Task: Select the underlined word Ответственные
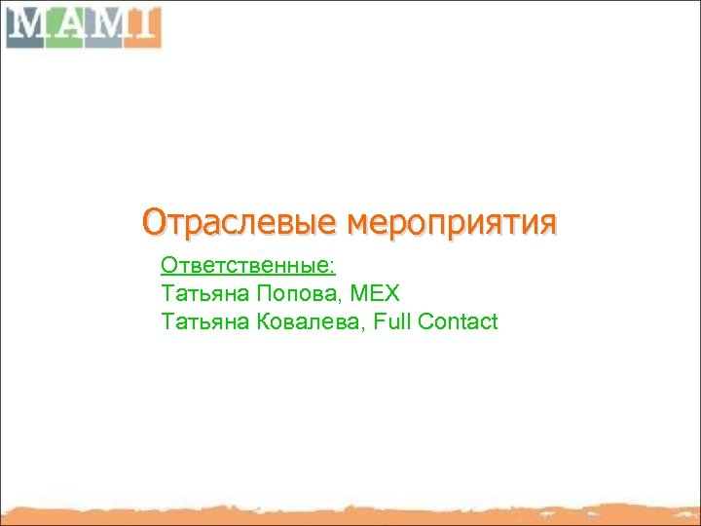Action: click(x=245, y=265)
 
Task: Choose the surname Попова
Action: click(x=289, y=293)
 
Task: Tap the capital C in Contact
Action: click(x=422, y=321)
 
